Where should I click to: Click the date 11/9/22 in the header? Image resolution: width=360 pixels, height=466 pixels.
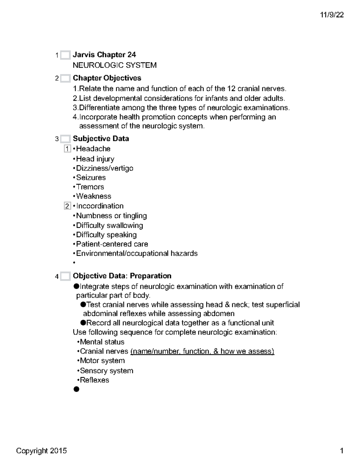click(x=331, y=15)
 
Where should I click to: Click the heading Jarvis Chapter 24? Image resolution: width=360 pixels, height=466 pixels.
click(x=104, y=55)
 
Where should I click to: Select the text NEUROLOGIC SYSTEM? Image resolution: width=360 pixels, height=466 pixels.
click(x=115, y=65)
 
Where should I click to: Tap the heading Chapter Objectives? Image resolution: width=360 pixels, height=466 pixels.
click(x=107, y=78)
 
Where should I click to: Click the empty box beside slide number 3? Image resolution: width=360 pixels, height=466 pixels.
click(x=65, y=139)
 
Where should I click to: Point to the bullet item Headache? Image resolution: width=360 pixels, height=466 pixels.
click(x=93, y=149)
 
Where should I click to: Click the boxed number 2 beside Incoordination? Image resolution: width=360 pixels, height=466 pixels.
click(x=67, y=206)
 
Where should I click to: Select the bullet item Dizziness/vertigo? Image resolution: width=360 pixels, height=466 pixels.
click(x=104, y=168)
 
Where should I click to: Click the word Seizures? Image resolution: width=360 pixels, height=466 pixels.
click(x=91, y=178)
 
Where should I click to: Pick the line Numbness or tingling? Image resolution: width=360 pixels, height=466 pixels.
click(x=111, y=216)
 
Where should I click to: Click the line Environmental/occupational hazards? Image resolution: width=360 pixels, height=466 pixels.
click(x=137, y=254)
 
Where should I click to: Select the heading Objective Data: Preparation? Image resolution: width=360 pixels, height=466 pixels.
click(x=122, y=276)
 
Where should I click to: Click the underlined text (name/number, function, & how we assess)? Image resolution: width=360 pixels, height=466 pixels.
click(x=202, y=351)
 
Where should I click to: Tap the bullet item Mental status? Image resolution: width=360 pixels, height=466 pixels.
click(x=102, y=342)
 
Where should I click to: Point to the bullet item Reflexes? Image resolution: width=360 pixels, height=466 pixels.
click(x=94, y=380)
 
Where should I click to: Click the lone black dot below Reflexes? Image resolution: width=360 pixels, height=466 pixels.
click(x=76, y=389)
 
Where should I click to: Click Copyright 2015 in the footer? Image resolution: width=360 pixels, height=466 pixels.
click(x=41, y=451)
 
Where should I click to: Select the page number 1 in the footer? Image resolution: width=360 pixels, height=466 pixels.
click(x=341, y=451)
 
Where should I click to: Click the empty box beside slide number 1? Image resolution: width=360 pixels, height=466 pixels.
click(x=65, y=55)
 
